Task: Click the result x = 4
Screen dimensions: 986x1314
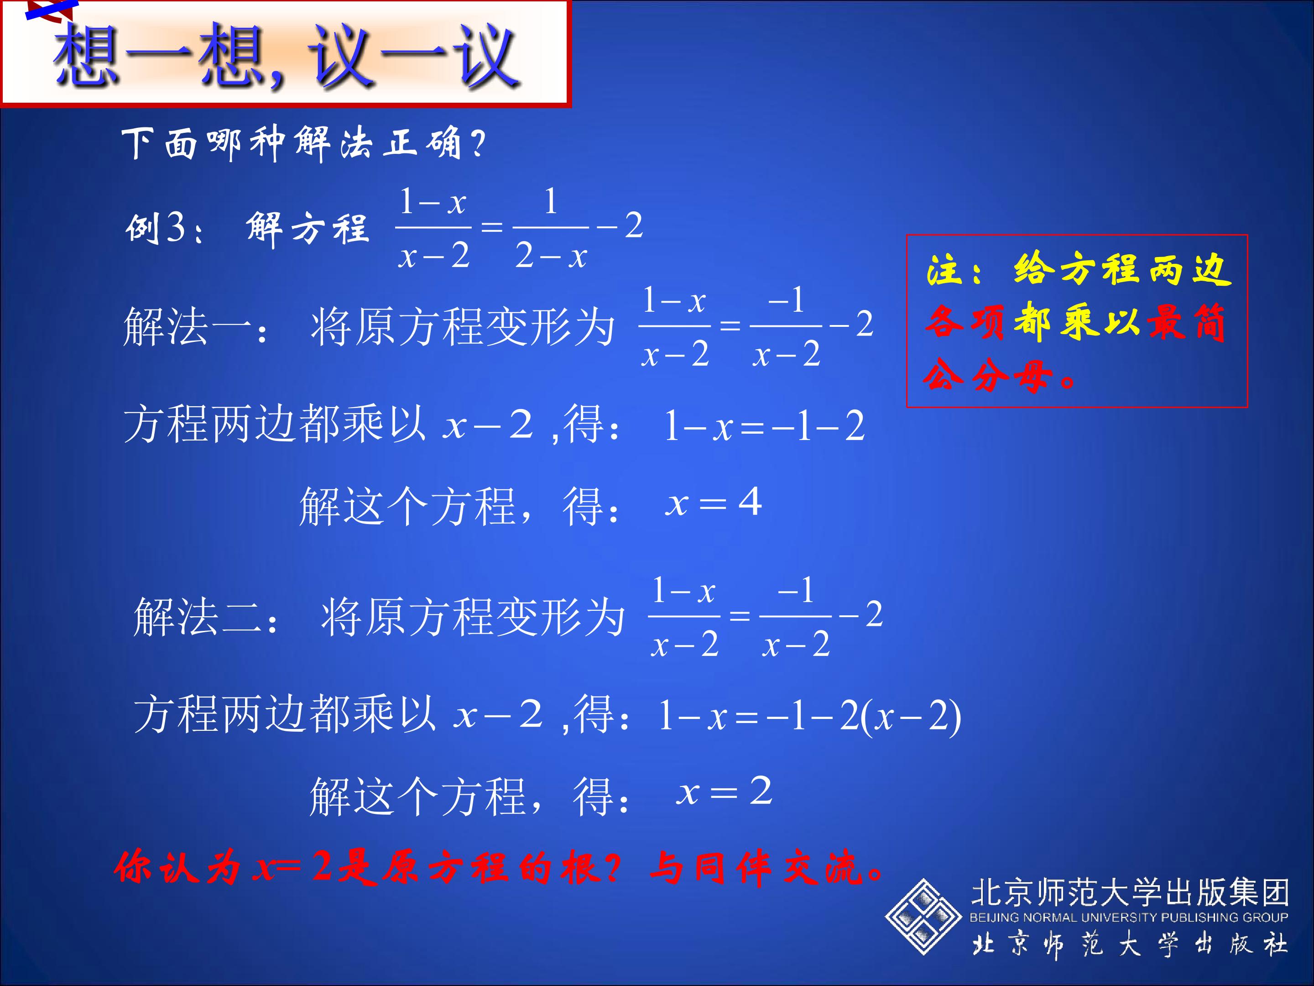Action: [x=713, y=503]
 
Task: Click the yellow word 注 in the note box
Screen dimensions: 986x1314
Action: [x=945, y=270]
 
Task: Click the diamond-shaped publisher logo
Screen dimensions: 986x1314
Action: [x=923, y=917]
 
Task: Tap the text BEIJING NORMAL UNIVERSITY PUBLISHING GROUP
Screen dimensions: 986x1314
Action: [x=1129, y=917]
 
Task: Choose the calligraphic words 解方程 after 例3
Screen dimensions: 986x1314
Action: [x=307, y=229]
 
